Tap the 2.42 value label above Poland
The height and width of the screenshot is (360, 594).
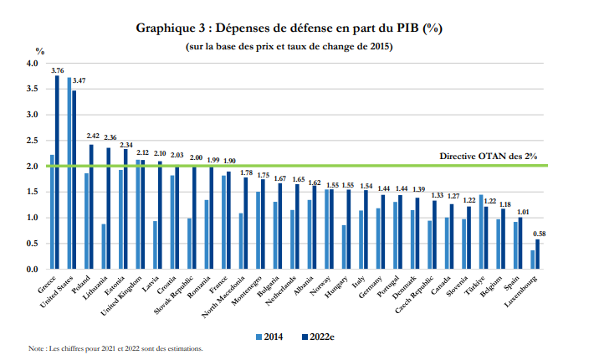click(92, 135)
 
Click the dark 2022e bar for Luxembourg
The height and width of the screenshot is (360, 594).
click(538, 255)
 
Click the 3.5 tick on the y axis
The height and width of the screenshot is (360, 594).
click(33, 89)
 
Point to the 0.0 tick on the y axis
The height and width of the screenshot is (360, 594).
click(33, 270)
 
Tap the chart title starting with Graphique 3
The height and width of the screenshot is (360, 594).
click(289, 28)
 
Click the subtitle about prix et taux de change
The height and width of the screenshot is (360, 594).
click(289, 47)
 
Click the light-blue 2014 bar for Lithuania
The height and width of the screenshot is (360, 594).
click(103, 247)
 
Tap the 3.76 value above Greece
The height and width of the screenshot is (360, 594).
click(58, 70)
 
